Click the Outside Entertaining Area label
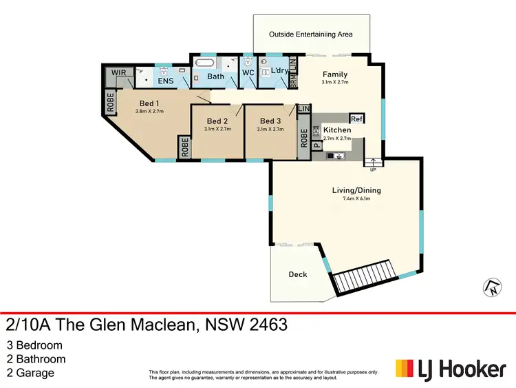tap(311, 34)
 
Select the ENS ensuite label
tap(165, 81)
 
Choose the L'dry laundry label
tap(279, 72)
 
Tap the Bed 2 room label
tap(217, 121)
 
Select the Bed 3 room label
tap(270, 121)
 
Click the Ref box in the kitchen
tap(356, 118)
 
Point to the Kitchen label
tap(337, 130)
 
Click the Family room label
tap(335, 74)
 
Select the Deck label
tap(298, 274)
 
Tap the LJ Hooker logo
tap(450, 369)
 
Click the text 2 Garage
tap(30, 374)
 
